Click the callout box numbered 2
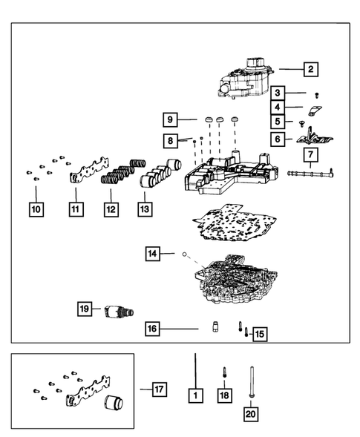click(311, 69)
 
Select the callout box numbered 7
click(311, 154)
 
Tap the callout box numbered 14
click(152, 254)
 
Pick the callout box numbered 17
click(160, 390)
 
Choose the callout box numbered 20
click(250, 414)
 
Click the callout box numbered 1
click(195, 395)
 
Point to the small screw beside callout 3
click(316, 95)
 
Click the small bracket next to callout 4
click(315, 111)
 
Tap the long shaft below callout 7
click(310, 174)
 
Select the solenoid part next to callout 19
click(119, 311)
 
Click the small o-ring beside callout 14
click(184, 254)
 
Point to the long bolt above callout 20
click(252, 382)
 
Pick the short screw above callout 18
click(224, 372)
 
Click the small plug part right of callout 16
click(215, 326)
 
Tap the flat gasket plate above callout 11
click(89, 171)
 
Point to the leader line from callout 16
click(179, 329)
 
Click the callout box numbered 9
click(170, 120)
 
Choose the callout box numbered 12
click(111, 209)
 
